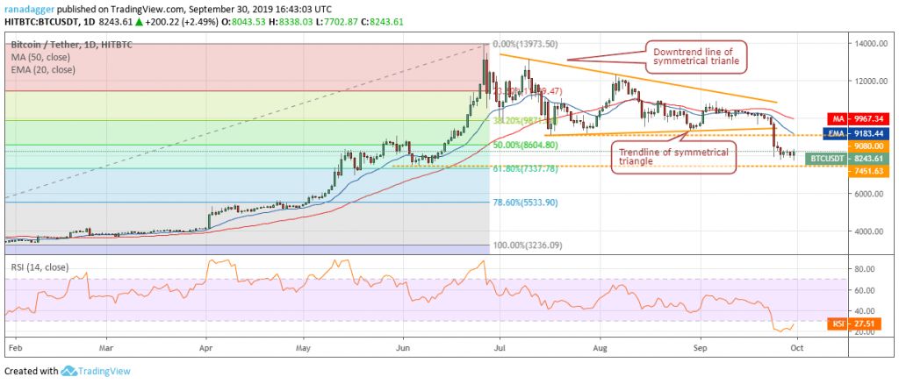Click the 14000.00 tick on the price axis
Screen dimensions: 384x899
(868, 43)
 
